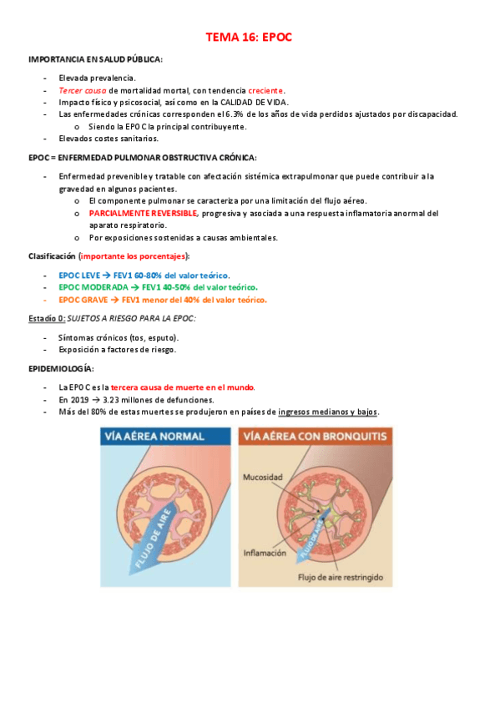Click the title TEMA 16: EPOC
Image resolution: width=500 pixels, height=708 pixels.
(x=250, y=38)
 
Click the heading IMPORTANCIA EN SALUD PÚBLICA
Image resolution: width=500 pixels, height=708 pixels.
(x=95, y=60)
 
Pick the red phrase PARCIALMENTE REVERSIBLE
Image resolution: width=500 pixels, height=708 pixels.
(x=143, y=213)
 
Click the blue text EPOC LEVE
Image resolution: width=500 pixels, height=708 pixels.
(x=79, y=275)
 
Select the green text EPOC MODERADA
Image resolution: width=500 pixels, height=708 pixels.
(x=93, y=287)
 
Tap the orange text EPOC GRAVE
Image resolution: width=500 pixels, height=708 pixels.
(x=83, y=299)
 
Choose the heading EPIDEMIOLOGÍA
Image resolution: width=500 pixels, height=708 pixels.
(x=61, y=368)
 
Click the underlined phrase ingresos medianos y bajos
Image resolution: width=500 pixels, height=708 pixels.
(x=328, y=412)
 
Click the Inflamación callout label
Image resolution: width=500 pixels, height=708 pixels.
(x=264, y=552)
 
